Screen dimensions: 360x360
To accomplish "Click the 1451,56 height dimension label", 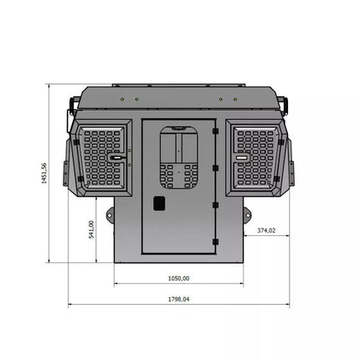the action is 44,173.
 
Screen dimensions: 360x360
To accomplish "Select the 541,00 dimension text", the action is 91,229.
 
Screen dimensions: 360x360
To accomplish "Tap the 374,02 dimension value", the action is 266,230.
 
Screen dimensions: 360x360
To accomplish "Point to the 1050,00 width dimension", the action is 178,278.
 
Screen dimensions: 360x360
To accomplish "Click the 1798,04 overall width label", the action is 178,299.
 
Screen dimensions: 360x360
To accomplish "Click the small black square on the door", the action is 159,203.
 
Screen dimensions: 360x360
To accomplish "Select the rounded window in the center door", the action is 178,157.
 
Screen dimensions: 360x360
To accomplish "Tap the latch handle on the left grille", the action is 116,157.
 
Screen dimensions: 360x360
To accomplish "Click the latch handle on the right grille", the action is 242,157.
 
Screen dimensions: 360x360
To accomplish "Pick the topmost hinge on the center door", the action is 215,131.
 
